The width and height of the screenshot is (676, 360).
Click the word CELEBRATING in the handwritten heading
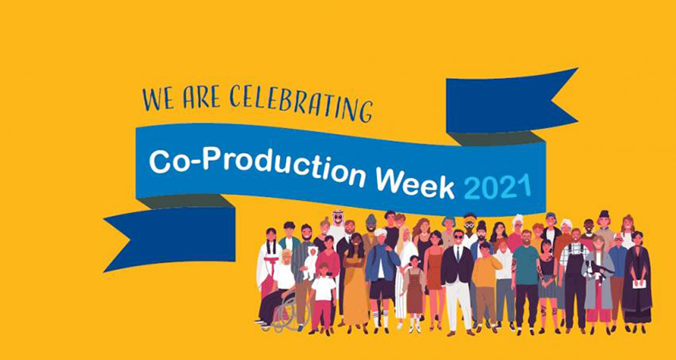click(301, 102)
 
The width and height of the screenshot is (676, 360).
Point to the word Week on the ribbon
click(415, 182)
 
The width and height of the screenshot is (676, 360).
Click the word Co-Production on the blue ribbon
click(258, 166)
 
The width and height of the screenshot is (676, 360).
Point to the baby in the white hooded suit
click(309, 263)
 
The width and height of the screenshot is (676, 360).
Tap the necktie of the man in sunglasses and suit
click(458, 254)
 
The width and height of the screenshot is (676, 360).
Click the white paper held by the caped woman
click(638, 284)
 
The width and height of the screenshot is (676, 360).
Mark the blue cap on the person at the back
click(551, 216)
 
